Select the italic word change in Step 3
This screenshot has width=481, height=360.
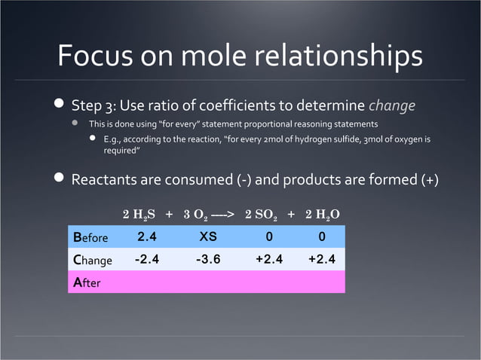tap(391, 105)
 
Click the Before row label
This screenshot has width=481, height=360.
tap(91, 237)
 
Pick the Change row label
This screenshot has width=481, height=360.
tap(93, 261)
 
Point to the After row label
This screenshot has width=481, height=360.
tap(86, 283)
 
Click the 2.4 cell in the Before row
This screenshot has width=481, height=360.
tap(146, 236)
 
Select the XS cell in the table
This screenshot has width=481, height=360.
tap(208, 236)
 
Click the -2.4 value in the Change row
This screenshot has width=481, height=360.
tap(146, 260)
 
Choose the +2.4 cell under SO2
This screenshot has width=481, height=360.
tap(269, 260)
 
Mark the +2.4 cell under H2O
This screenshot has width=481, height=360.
tap(321, 260)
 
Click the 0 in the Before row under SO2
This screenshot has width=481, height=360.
tap(269, 236)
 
